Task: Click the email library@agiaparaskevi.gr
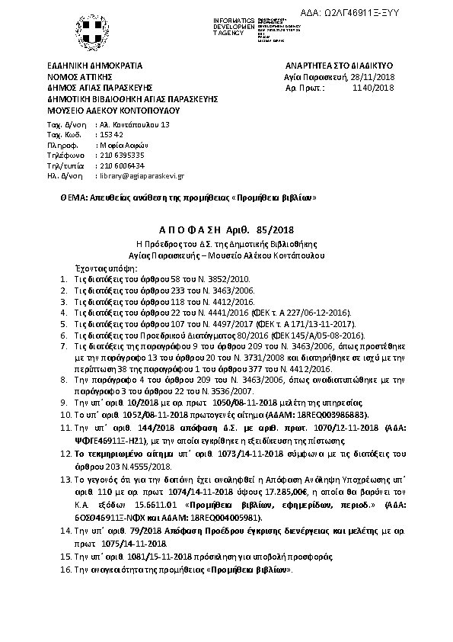tap(142, 175)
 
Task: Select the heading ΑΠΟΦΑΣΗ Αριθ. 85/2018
tap(226, 229)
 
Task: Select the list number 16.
tap(65, 570)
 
